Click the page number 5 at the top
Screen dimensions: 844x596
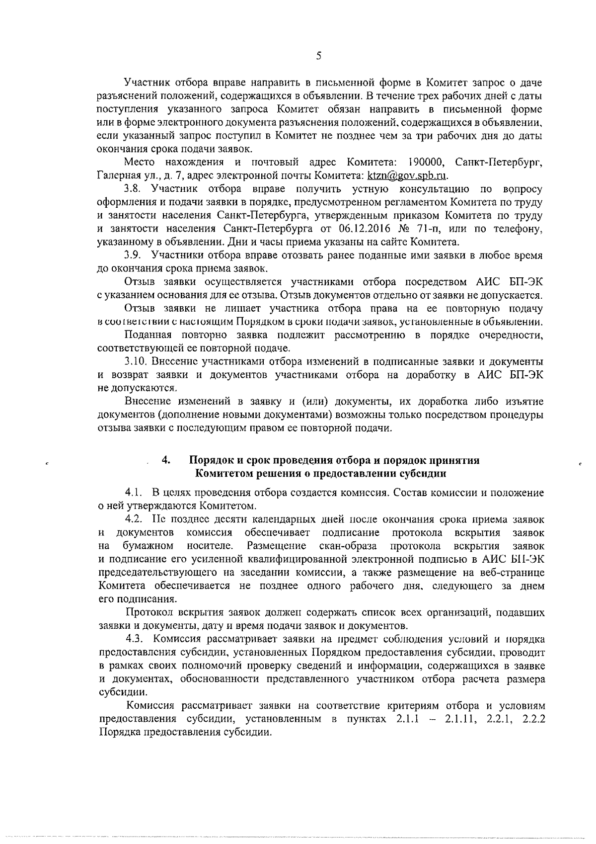click(x=318, y=56)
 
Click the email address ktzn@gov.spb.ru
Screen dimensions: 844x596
click(x=407, y=175)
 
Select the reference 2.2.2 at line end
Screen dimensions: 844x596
click(x=534, y=719)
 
